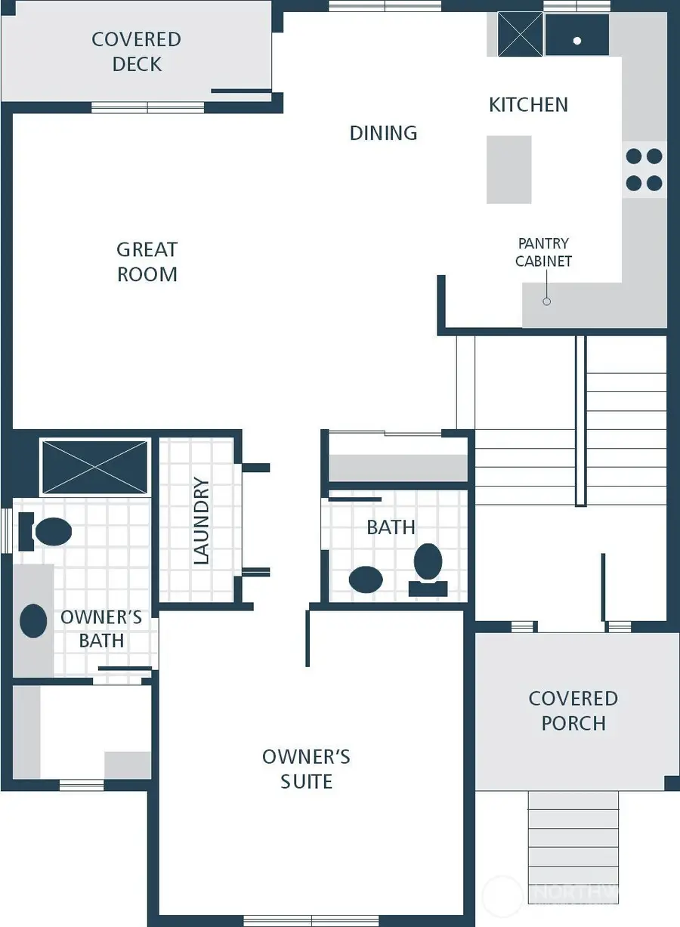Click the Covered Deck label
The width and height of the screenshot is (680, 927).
click(136, 51)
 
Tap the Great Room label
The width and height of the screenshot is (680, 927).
click(147, 261)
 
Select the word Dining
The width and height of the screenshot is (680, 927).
click(383, 133)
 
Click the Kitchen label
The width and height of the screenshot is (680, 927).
click(528, 104)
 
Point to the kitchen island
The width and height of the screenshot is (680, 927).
click(508, 169)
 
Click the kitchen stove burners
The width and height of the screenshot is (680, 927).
click(644, 169)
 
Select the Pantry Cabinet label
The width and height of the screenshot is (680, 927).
click(543, 252)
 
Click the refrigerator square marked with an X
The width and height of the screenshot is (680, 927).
click(520, 34)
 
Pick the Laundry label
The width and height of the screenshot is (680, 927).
click(201, 521)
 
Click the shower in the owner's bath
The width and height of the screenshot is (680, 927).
click(95, 467)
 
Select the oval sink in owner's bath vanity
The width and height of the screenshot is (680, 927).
click(33, 620)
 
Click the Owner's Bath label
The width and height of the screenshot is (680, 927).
click(101, 629)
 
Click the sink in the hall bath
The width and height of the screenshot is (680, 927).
click(366, 579)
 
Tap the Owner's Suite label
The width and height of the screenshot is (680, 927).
click(306, 768)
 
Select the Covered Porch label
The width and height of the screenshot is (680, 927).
click(573, 710)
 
